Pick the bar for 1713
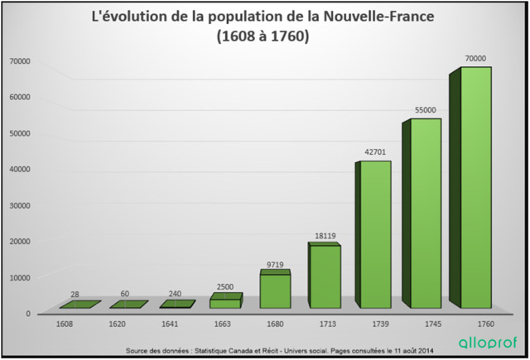(x=325, y=273)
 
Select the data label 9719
(x=276, y=264)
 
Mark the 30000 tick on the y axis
(x=19, y=205)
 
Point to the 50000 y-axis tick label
(x=19, y=133)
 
